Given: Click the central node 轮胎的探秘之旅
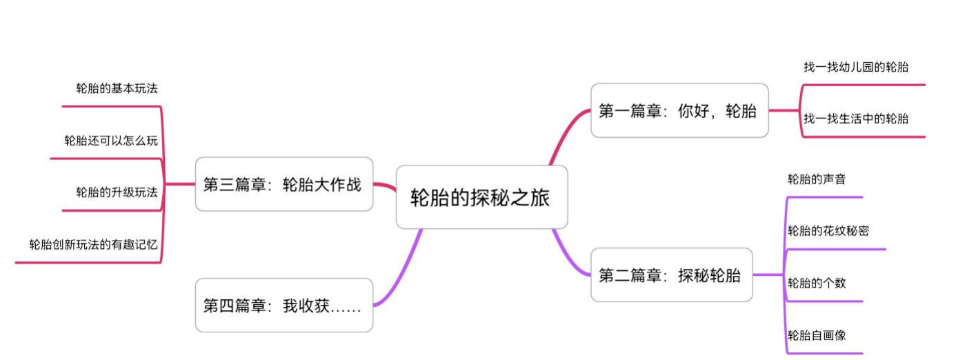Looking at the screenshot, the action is [481, 197].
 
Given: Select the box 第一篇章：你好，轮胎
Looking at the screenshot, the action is [679, 110].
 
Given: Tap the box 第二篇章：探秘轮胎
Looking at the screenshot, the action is [672, 274].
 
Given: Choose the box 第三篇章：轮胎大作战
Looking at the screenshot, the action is [284, 184].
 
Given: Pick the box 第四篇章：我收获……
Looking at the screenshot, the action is [284, 306].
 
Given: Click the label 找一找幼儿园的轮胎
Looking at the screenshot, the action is [856, 67].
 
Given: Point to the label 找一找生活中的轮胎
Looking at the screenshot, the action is [856, 119].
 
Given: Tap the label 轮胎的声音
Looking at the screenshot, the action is [817, 179].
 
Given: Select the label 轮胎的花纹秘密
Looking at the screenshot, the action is [828, 231].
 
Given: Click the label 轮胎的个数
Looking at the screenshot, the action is [817, 283].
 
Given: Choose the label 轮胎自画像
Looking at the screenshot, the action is [817, 335].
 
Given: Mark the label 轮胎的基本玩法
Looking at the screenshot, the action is [117, 88].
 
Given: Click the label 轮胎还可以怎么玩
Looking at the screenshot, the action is [111, 140].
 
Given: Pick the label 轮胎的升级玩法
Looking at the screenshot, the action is [117, 192].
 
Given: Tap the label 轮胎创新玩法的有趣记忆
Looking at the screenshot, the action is [93, 245].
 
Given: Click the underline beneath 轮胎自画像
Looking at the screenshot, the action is [824, 354].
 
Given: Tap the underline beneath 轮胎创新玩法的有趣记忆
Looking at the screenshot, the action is [88, 263].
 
